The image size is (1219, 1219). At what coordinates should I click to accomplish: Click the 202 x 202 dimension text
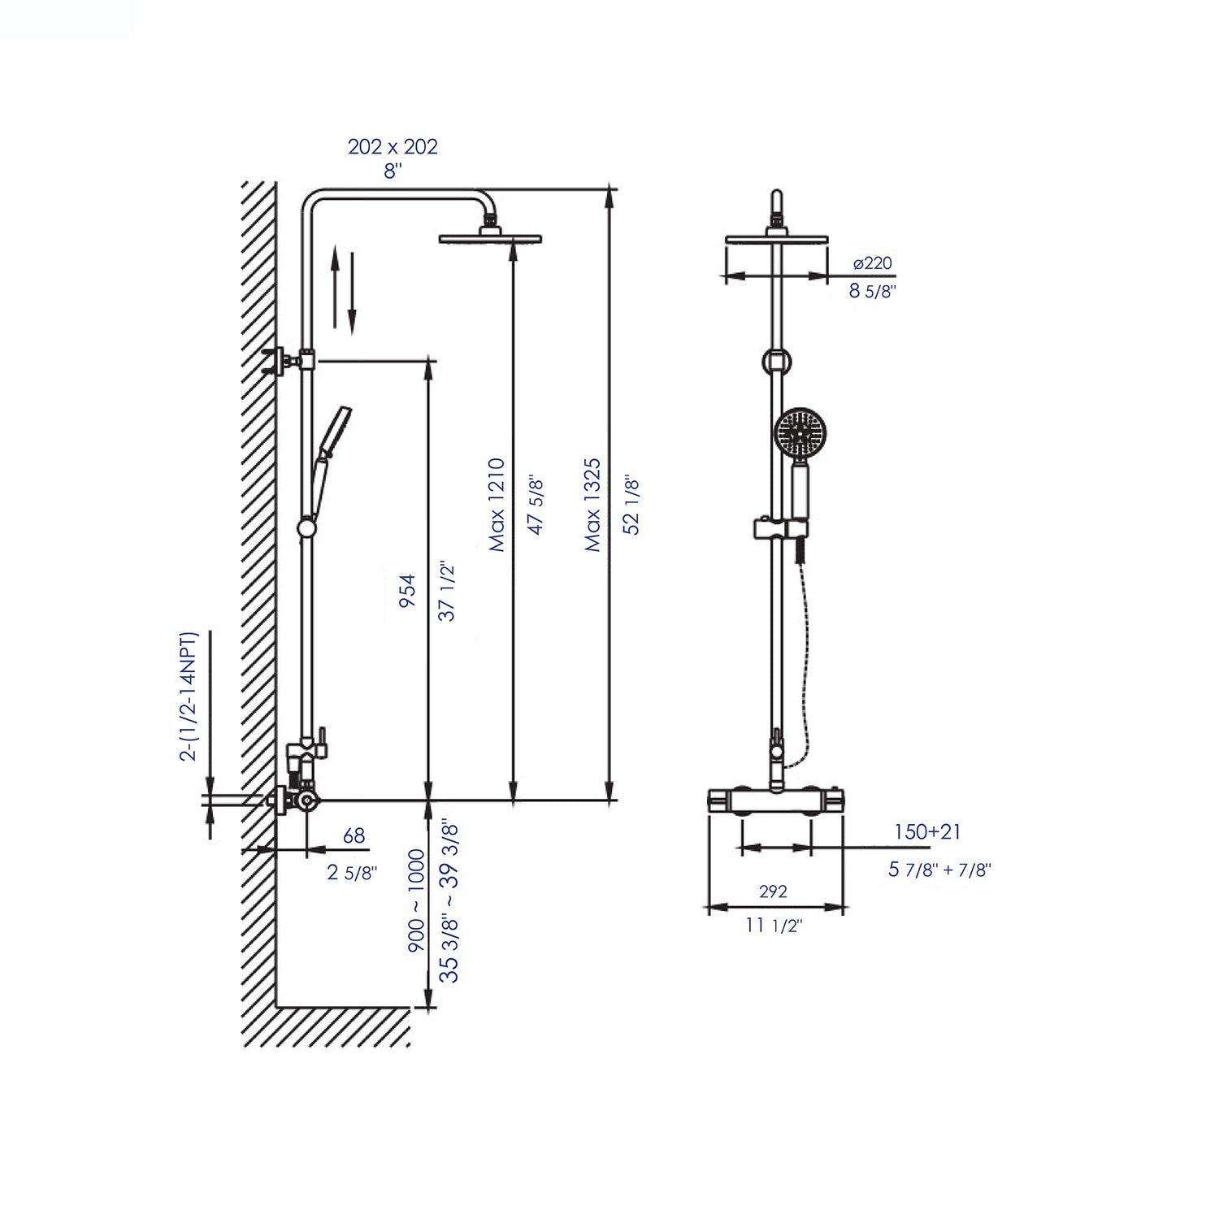tap(393, 146)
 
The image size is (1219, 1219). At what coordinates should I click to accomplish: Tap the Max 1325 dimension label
tap(593, 505)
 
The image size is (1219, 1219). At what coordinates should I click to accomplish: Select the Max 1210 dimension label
tap(497, 505)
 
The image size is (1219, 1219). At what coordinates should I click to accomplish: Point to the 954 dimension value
tap(408, 591)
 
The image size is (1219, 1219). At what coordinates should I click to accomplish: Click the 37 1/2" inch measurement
tap(447, 591)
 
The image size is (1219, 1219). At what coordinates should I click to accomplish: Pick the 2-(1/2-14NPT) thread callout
tap(189, 696)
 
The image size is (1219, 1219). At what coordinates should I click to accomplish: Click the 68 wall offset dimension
tap(354, 835)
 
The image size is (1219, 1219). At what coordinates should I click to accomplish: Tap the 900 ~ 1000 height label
tap(416, 900)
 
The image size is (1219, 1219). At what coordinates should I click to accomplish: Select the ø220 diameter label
tap(872, 263)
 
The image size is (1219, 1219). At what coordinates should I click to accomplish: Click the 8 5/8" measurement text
tap(872, 291)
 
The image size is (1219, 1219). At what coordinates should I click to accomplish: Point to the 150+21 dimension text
tap(927, 831)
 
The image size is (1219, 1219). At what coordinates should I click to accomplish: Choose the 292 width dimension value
tap(773, 891)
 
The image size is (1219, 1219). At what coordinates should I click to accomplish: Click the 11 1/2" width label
tap(773, 926)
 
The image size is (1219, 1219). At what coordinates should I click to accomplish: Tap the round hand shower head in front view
tap(800, 433)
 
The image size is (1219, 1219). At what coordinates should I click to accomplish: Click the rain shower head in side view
tap(490, 237)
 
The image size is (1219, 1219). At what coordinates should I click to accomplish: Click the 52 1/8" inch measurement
tap(632, 505)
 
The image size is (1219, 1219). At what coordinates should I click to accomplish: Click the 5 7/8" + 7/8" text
tap(939, 870)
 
